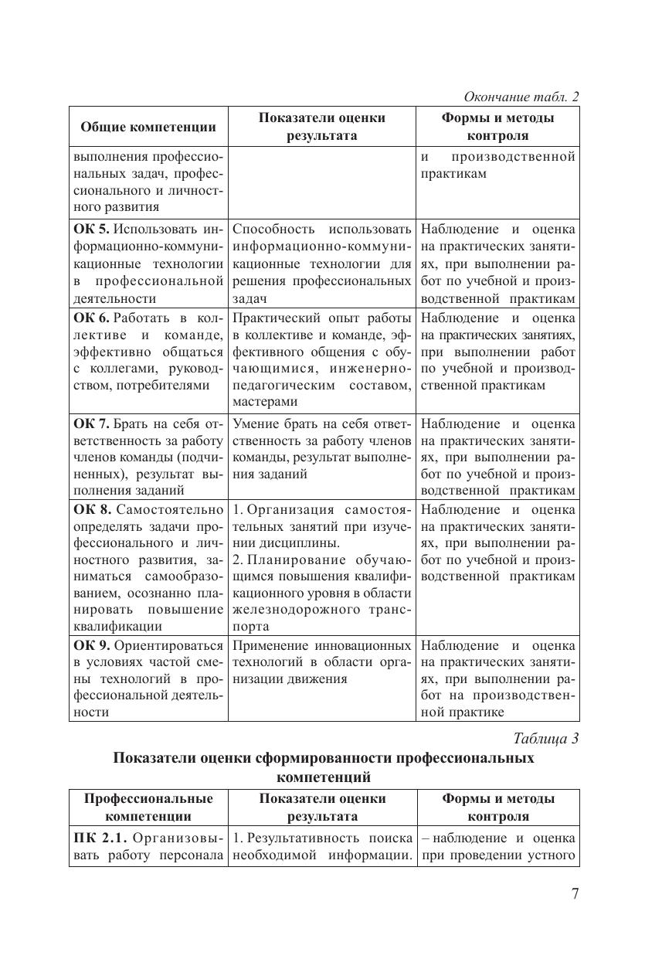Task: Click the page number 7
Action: point(575,894)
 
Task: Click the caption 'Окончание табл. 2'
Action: point(521,97)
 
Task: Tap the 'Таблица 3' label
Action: point(546,737)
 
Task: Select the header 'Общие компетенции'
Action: point(148,127)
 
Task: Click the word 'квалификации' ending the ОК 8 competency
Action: point(119,627)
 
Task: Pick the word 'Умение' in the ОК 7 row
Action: point(254,423)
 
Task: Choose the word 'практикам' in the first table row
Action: point(454,174)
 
